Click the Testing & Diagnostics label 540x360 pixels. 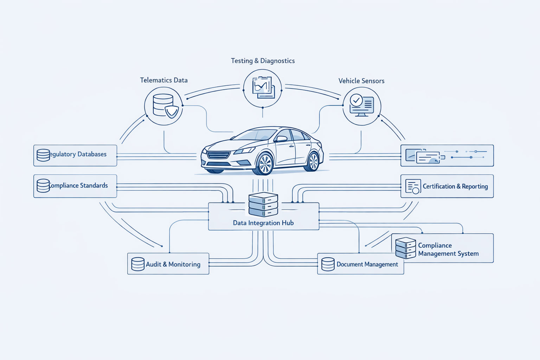263,61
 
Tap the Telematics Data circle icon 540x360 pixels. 163,106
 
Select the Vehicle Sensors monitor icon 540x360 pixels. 362,106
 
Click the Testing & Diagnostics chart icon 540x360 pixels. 263,88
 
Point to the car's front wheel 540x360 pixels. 265,164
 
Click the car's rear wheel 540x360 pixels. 313,161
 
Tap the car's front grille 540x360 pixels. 219,155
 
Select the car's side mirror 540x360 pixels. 281,139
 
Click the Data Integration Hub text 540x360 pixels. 263,223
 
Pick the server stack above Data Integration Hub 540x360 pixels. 263,204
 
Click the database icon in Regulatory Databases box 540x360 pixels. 43,155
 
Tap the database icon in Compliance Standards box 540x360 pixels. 43,186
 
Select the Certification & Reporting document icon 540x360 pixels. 413,186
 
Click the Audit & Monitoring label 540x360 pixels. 173,264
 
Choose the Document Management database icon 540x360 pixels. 328,264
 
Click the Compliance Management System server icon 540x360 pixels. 405,248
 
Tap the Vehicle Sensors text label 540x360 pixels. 361,81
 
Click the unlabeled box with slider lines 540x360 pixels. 447,155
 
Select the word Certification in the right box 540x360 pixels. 438,186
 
